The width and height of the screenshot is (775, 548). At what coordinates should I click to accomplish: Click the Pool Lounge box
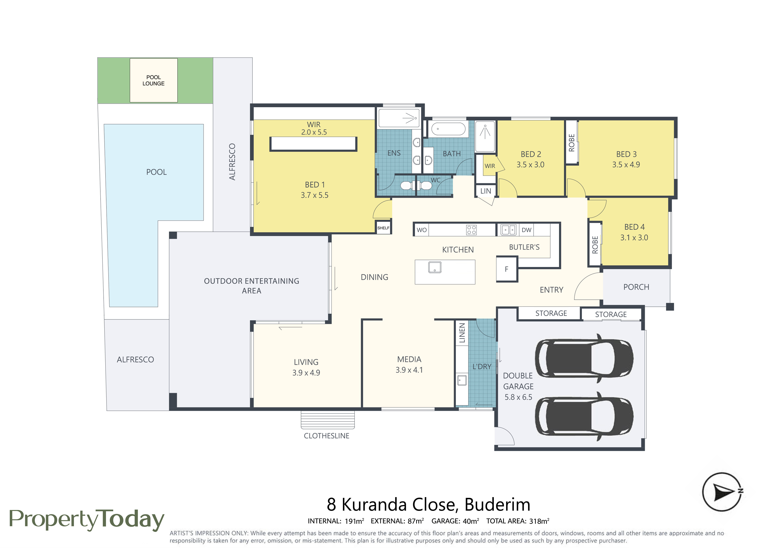[x=154, y=80]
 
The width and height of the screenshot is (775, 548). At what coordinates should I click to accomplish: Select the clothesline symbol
[x=328, y=420]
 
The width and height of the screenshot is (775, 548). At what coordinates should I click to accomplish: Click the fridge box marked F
[x=507, y=269]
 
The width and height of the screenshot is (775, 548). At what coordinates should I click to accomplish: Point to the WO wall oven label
[x=422, y=230]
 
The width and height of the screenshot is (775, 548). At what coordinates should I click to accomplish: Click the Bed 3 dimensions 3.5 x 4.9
[x=626, y=165]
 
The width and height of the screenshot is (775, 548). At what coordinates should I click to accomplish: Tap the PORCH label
[x=636, y=287]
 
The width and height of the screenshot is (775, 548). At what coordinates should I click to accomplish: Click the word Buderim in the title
[x=497, y=505]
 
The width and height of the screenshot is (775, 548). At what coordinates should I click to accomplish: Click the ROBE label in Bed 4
[x=595, y=245]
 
